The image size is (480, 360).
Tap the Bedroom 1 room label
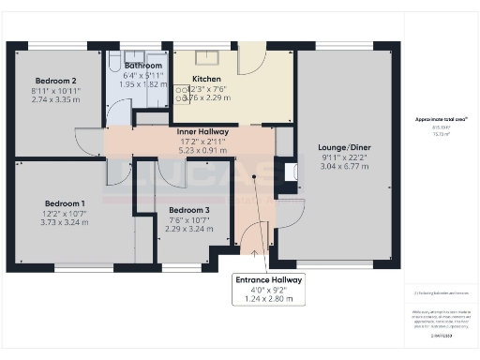coord(65,203)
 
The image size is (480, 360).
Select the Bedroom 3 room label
coord(184,209)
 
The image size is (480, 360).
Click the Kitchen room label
coord(205,79)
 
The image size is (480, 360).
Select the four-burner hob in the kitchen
coord(181,92)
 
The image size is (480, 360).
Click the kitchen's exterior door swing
coord(249,62)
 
